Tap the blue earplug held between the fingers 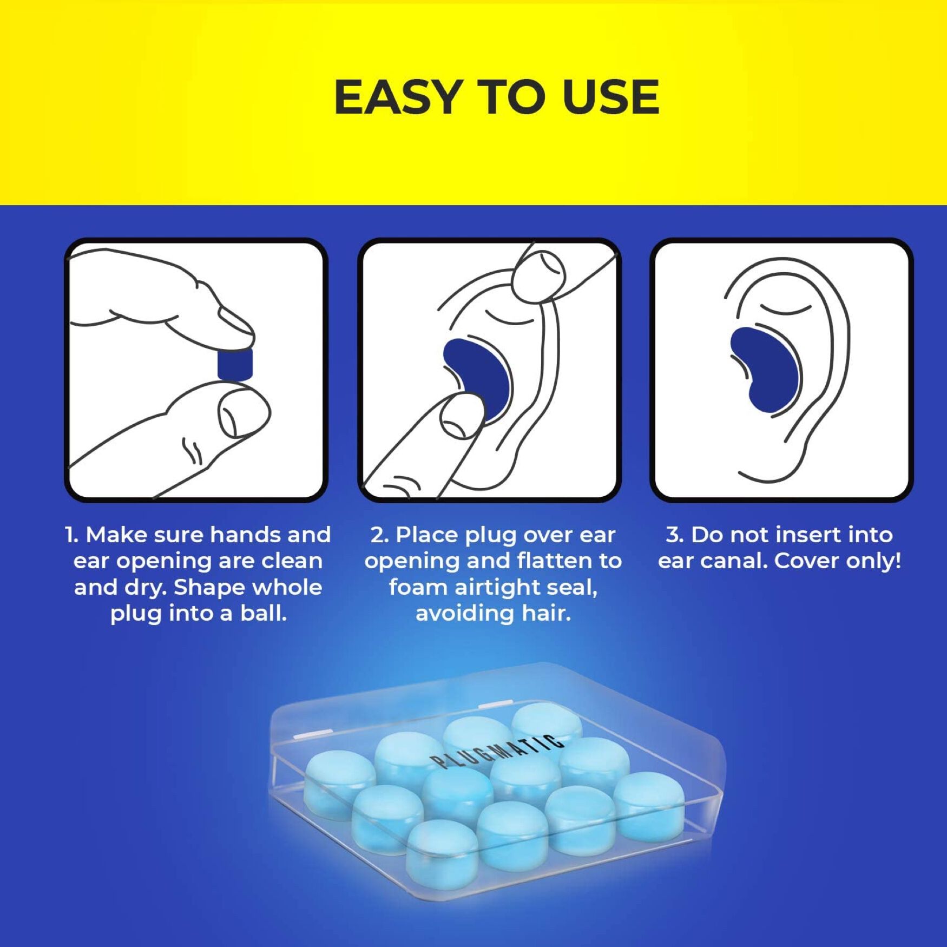[235, 364]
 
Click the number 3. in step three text [674, 535]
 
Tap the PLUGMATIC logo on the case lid [493, 752]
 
